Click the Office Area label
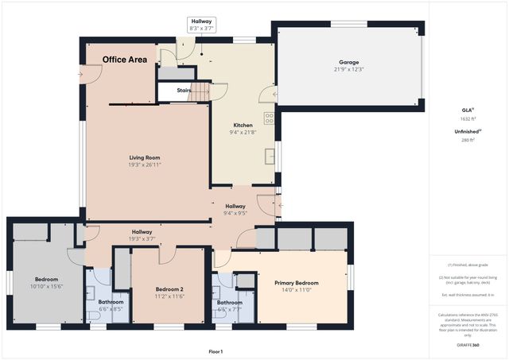(130, 60)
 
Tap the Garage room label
(348, 62)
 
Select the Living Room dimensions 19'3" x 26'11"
(145, 165)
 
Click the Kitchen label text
(243, 125)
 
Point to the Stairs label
(184, 91)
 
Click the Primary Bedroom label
(297, 283)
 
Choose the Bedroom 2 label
(169, 288)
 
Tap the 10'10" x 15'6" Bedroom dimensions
(46, 286)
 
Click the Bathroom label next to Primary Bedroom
(229, 302)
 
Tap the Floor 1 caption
(215, 351)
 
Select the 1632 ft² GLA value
(467, 118)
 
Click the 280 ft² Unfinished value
(467, 140)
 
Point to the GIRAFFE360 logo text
(467, 346)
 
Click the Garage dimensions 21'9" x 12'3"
(348, 69)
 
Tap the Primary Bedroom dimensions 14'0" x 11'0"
(297, 290)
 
